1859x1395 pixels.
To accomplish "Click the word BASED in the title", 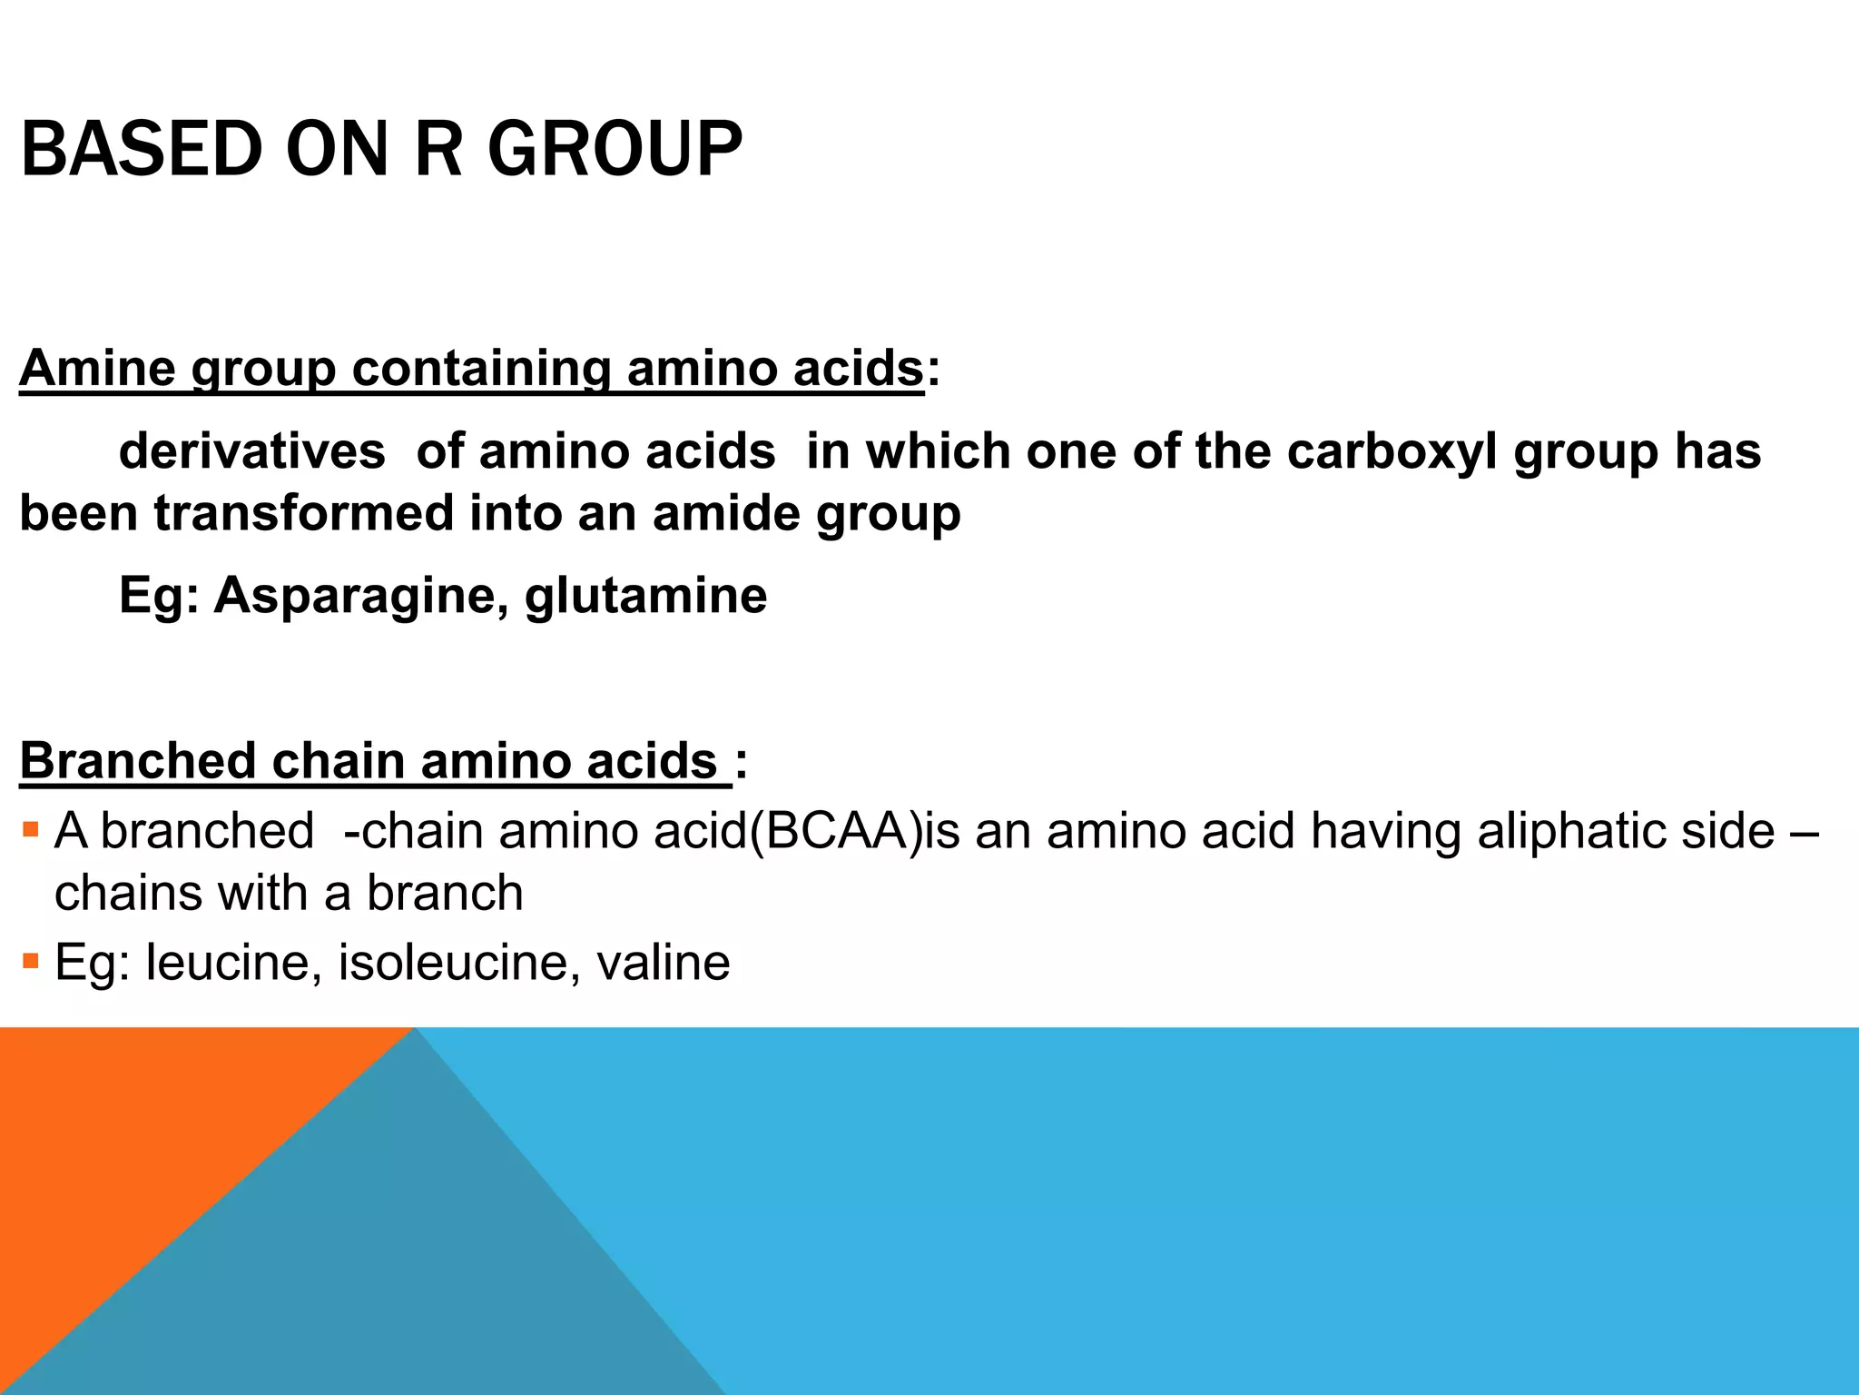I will click(141, 149).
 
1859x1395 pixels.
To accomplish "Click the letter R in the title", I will click(438, 149).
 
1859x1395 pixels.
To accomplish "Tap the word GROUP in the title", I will click(615, 149).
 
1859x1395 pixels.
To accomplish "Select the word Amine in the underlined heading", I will click(97, 368).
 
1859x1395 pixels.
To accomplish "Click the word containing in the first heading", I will click(480, 368).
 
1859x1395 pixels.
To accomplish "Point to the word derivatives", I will click(251, 451).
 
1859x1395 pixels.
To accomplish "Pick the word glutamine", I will click(646, 596).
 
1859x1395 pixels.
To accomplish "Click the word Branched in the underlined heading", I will click(137, 760).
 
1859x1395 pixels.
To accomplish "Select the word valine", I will click(664, 963).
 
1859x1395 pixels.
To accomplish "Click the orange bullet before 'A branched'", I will click(31, 829).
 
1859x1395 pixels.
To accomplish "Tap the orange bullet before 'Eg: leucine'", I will click(31, 961).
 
